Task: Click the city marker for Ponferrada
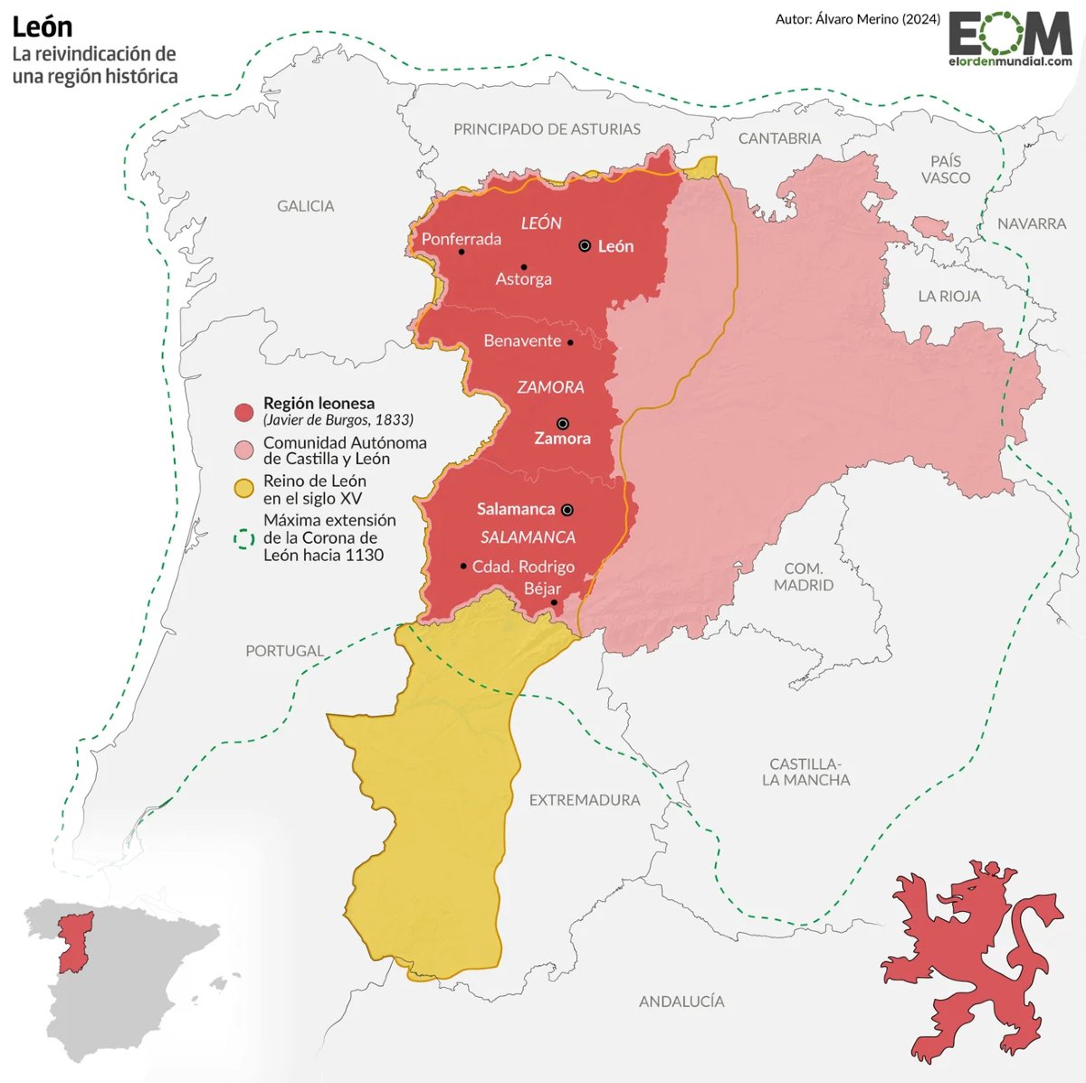click(462, 252)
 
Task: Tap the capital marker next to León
click(585, 245)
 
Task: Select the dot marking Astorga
click(523, 267)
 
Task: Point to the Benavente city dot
click(570, 342)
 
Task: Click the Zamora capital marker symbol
click(562, 423)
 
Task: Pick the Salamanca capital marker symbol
click(567, 509)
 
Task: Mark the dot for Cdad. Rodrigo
click(463, 565)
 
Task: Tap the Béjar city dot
click(554, 602)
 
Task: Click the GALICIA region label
click(305, 206)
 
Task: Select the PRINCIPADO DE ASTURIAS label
click(547, 129)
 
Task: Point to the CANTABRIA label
click(779, 138)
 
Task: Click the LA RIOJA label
click(948, 296)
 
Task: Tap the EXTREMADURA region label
click(584, 800)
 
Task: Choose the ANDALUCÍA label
click(681, 1002)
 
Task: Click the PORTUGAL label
click(284, 651)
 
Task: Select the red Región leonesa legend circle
click(243, 413)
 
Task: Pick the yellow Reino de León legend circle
click(243, 489)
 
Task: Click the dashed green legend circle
click(243, 538)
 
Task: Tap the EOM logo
click(1009, 39)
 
